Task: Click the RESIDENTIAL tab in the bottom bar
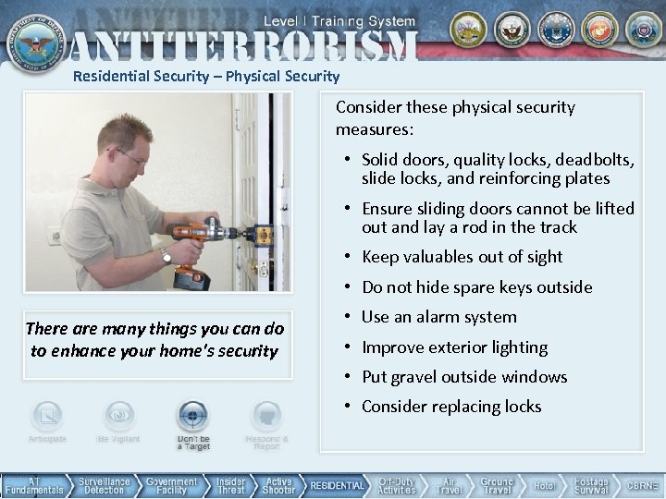pos(338,485)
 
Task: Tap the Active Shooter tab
pos(278,485)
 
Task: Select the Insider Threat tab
pos(230,485)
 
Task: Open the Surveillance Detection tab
pos(104,485)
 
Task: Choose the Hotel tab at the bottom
pos(544,485)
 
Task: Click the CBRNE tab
pos(642,485)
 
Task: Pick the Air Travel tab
pos(449,485)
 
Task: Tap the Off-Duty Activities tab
pos(397,485)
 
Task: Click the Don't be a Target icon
pos(193,417)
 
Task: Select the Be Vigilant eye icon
pos(118,417)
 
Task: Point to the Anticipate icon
pos(47,417)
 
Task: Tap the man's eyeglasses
pos(129,157)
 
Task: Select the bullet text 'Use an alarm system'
pos(439,317)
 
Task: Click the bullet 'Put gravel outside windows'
pos(464,377)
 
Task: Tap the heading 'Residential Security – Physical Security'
pos(206,77)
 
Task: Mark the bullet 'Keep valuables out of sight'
pos(462,257)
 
